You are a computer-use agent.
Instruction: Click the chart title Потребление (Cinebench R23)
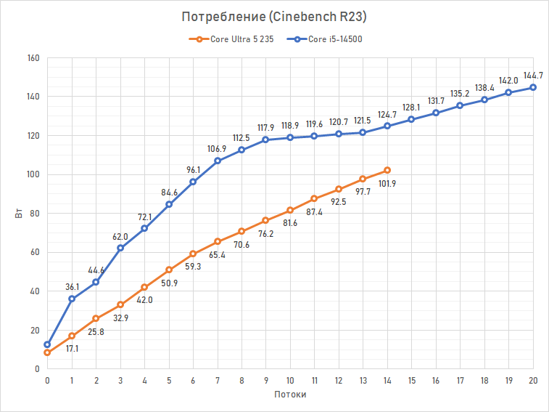(274, 17)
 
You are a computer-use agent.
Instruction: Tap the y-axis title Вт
(17, 213)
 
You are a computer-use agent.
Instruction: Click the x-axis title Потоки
(290, 395)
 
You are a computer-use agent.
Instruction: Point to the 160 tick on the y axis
(33, 57)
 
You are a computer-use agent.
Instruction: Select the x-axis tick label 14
(387, 380)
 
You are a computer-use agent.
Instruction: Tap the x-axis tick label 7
(218, 380)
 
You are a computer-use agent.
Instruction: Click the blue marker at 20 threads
(533, 87)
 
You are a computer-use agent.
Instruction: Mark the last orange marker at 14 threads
(387, 170)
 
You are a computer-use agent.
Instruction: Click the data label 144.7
(533, 75)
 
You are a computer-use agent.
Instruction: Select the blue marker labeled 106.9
(218, 161)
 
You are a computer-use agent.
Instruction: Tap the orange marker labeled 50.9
(169, 270)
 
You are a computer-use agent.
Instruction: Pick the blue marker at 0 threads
(47, 344)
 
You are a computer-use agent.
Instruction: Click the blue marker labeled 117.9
(266, 140)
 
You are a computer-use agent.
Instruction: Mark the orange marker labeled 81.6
(290, 210)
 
